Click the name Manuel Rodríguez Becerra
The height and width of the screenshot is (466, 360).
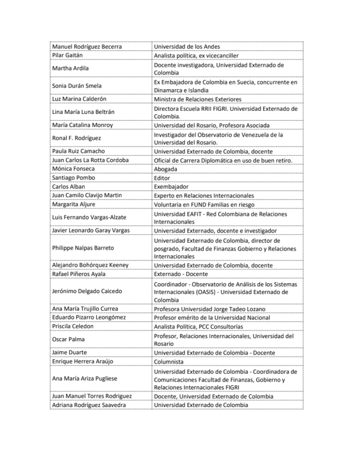87,47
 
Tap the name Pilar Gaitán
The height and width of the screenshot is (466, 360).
68,55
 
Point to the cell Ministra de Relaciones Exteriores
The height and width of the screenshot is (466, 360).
198,99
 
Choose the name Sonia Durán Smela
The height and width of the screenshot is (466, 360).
77,86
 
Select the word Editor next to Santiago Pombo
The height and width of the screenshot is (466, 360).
162,178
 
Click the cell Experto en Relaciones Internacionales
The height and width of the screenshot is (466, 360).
204,195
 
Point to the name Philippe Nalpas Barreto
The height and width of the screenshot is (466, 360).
83,248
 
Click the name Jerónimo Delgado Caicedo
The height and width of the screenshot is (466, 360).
86,292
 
